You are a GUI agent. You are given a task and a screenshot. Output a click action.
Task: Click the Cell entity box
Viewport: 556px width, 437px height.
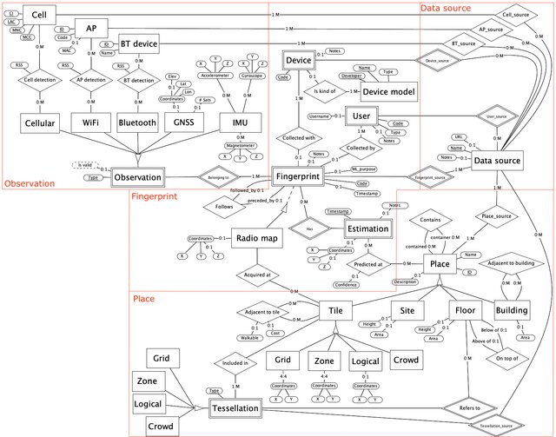click(38, 14)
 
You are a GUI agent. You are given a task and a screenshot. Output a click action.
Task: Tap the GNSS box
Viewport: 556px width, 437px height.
click(182, 123)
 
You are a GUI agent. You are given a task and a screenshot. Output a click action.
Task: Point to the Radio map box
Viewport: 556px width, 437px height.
click(256, 238)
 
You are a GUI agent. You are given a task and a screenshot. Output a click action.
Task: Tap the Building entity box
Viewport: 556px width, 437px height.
click(512, 309)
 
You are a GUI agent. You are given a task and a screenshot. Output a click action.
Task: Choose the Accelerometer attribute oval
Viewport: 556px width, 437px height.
click(216, 76)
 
